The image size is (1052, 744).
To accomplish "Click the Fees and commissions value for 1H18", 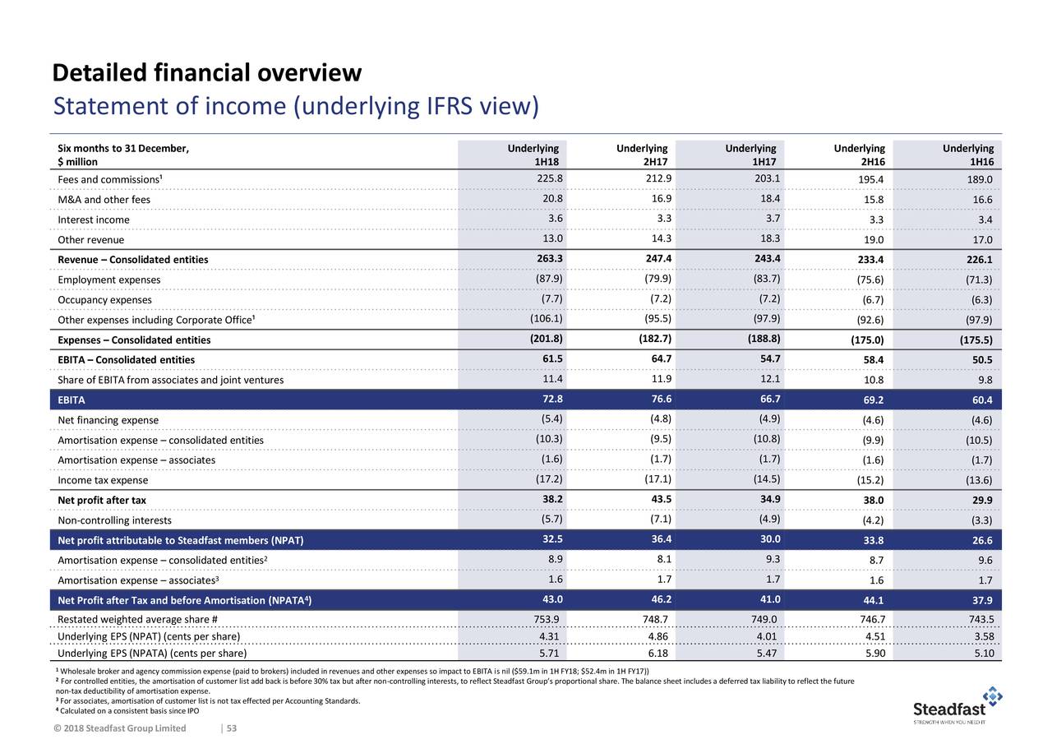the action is click(x=550, y=178).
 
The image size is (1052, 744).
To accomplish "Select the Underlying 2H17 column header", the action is click(x=642, y=155).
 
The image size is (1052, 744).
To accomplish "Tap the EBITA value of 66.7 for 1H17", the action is click(x=770, y=399).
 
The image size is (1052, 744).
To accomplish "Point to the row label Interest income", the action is click(x=94, y=220).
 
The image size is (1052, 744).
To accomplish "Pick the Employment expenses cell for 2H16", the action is click(x=870, y=280).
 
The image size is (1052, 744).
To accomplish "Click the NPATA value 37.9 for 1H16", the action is click(x=982, y=600).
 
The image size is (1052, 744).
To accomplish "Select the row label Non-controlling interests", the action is click(x=114, y=520).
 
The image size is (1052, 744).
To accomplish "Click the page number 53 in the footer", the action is click(x=232, y=728).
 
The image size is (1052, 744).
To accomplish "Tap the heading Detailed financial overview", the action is click(x=206, y=73).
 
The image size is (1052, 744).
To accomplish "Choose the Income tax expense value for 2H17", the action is click(x=657, y=479).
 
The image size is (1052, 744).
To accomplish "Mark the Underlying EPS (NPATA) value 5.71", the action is click(x=549, y=653).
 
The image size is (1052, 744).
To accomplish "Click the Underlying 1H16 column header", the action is click(x=968, y=155).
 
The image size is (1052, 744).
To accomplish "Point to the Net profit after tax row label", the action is click(x=102, y=500).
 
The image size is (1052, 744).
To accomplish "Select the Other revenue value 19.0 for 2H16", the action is click(x=874, y=239).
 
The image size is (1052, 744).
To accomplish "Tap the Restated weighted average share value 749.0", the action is click(x=764, y=619).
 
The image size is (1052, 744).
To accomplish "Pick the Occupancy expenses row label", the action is click(x=104, y=300).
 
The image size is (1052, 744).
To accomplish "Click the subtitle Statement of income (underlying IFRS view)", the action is click(x=296, y=106).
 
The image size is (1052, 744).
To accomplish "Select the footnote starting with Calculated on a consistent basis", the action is click(x=127, y=710).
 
